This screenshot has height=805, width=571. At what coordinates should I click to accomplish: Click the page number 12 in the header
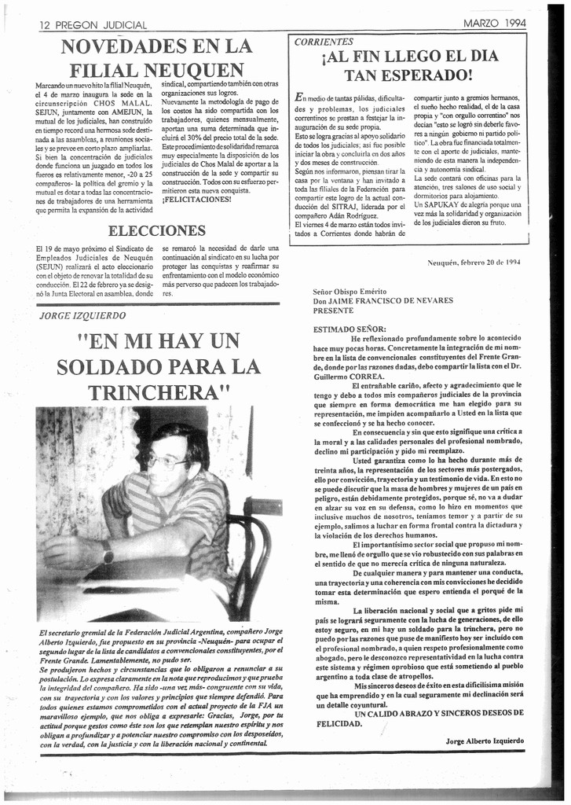45,26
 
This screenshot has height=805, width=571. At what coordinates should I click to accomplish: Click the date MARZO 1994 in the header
495,24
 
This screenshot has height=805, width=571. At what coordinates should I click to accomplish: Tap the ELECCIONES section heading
157,230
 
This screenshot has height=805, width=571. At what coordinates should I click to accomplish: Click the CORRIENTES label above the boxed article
324,42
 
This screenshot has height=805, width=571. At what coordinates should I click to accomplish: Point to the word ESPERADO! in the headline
424,75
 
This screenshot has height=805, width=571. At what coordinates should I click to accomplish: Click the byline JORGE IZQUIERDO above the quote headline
82,315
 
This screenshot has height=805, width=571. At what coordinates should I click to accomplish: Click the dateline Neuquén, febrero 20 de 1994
474,262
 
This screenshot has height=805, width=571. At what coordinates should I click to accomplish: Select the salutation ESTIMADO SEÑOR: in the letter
350,329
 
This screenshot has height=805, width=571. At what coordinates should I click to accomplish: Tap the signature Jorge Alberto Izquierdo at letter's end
484,741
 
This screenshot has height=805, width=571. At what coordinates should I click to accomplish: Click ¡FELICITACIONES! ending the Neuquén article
196,199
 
